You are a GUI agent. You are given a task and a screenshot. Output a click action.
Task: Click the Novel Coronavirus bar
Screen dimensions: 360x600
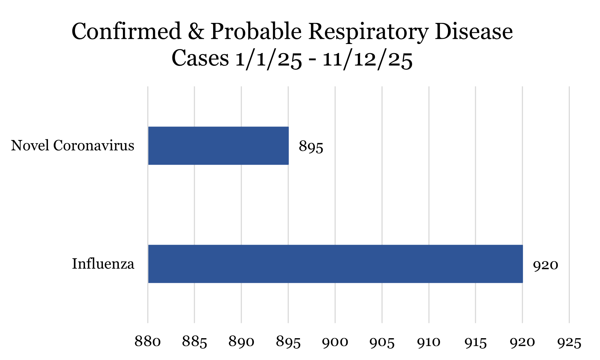point(218,145)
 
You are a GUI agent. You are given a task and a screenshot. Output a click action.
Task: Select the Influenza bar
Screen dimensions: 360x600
point(335,264)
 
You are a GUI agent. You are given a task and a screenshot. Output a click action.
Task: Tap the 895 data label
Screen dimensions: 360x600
point(311,147)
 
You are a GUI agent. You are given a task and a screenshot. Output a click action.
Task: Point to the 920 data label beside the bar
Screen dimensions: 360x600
point(545,265)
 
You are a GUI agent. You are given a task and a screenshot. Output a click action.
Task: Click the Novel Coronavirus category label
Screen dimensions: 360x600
point(73,146)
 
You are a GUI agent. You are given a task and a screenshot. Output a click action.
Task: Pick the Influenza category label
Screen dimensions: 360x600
point(103,264)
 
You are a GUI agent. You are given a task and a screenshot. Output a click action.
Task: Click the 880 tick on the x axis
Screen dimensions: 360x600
point(148,342)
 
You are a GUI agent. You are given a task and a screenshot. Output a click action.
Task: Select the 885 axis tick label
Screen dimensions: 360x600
point(195,342)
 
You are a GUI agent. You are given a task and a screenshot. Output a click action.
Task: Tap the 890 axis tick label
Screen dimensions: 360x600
point(241,342)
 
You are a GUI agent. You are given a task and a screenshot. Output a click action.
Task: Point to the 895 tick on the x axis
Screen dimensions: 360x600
point(288,342)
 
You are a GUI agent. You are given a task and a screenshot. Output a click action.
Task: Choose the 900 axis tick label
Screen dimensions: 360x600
point(335,342)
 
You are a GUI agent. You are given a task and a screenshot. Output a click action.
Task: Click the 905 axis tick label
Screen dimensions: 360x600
point(382,342)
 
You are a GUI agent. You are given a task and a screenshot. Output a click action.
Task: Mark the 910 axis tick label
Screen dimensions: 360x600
point(429,342)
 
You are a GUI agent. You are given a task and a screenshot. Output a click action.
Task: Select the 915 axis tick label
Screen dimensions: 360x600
point(476,342)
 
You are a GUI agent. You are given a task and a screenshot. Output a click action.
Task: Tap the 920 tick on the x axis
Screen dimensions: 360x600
point(522,342)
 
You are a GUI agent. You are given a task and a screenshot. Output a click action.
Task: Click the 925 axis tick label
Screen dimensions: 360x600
point(569,342)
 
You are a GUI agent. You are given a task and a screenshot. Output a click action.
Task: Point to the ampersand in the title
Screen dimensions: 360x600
point(196,32)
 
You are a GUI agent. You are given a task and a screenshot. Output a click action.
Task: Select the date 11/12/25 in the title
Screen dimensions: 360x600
point(367,59)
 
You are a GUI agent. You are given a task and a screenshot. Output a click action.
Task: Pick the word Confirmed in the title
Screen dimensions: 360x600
point(126,32)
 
